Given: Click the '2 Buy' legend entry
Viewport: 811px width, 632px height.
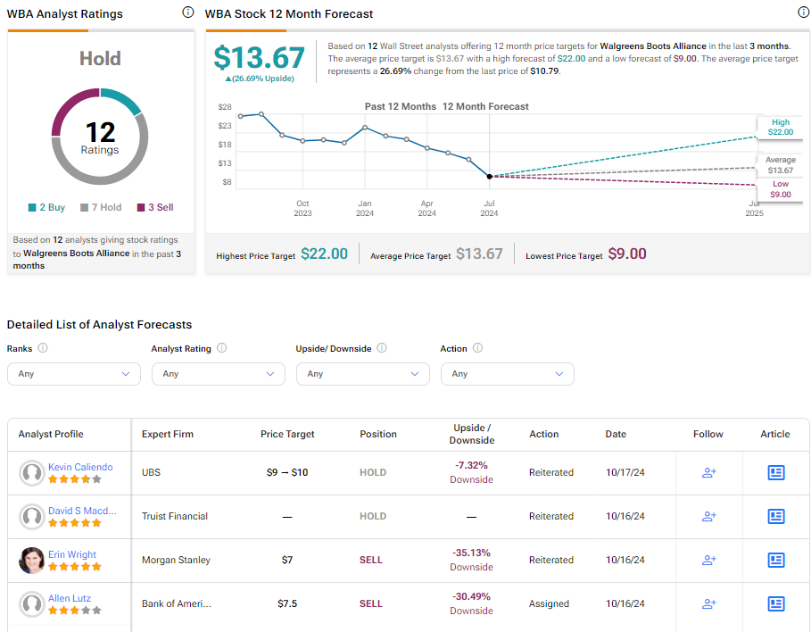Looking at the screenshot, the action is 46,208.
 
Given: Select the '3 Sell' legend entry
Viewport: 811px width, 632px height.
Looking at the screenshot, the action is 155,208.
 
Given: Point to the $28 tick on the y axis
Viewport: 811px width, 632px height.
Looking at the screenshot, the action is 225,107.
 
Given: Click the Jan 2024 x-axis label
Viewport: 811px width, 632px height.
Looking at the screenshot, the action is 365,208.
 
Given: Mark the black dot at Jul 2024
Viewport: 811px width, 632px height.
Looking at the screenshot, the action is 489,177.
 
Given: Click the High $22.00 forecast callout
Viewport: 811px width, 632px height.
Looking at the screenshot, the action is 780,127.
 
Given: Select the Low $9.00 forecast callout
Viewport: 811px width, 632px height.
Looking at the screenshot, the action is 780,189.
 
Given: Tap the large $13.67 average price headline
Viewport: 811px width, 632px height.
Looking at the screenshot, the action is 259,57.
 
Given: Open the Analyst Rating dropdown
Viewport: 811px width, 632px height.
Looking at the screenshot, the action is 219,374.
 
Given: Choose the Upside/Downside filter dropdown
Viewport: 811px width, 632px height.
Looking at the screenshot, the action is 362,374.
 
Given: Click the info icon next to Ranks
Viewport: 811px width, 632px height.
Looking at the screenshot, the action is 43,348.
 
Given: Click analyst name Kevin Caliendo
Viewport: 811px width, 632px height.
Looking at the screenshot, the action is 80,467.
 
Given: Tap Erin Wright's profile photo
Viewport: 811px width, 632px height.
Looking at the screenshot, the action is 31,560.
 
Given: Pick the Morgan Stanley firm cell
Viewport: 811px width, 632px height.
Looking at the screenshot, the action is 176,560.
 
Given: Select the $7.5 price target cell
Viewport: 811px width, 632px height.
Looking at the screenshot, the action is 287,603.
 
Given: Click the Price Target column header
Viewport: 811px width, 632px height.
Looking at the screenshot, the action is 287,434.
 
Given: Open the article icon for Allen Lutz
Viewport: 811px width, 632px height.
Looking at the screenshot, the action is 776,603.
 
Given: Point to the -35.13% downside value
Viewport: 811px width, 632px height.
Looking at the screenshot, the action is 471,553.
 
